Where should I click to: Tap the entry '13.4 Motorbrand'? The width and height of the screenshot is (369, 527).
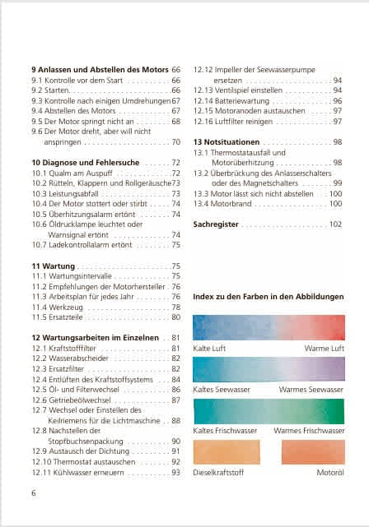[x=224, y=203]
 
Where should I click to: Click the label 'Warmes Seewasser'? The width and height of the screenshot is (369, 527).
[x=311, y=389]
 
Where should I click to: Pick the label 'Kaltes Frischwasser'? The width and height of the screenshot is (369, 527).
[x=225, y=430]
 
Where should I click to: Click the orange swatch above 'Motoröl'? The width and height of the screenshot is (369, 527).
[x=313, y=453]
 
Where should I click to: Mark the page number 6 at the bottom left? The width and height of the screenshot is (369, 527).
[x=34, y=492]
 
